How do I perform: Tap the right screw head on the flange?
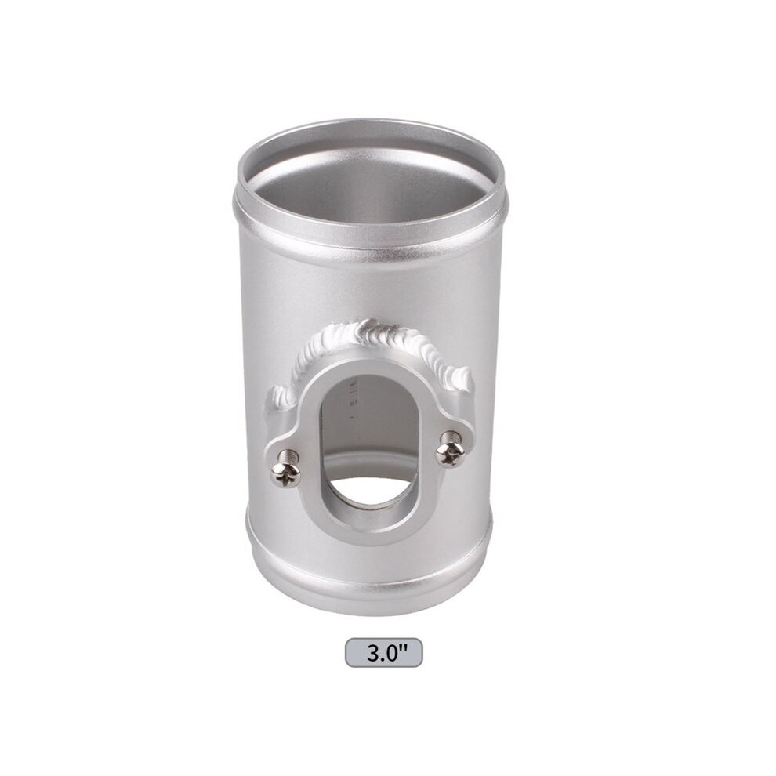point(449,454)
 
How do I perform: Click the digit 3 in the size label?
point(373,653)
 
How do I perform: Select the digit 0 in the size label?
point(391,653)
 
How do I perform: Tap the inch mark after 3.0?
point(402,647)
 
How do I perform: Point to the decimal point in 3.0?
point(382,660)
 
